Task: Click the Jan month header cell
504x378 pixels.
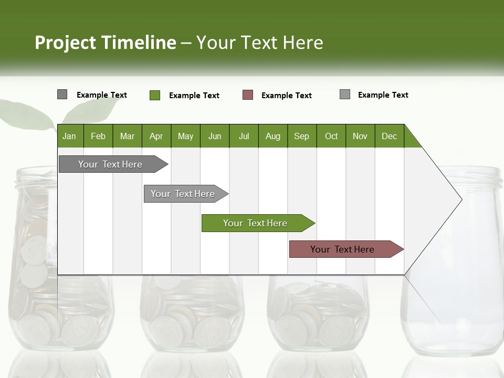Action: (x=70, y=136)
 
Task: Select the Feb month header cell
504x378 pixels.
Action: (x=98, y=136)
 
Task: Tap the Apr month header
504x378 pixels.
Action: (x=156, y=136)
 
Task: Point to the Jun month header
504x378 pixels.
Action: (x=215, y=136)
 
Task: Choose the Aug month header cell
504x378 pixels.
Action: (x=273, y=136)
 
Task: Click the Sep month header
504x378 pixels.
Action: (x=302, y=136)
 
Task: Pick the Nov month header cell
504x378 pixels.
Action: (x=360, y=136)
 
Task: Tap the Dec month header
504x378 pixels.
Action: (x=390, y=136)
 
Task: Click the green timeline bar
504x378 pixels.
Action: (x=256, y=223)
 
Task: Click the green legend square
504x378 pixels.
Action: (x=155, y=95)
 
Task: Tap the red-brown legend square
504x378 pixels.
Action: (x=248, y=95)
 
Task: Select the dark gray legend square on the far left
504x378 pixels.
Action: (x=62, y=94)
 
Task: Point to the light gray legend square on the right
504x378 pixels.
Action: (x=345, y=94)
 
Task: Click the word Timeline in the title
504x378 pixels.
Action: (x=138, y=43)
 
